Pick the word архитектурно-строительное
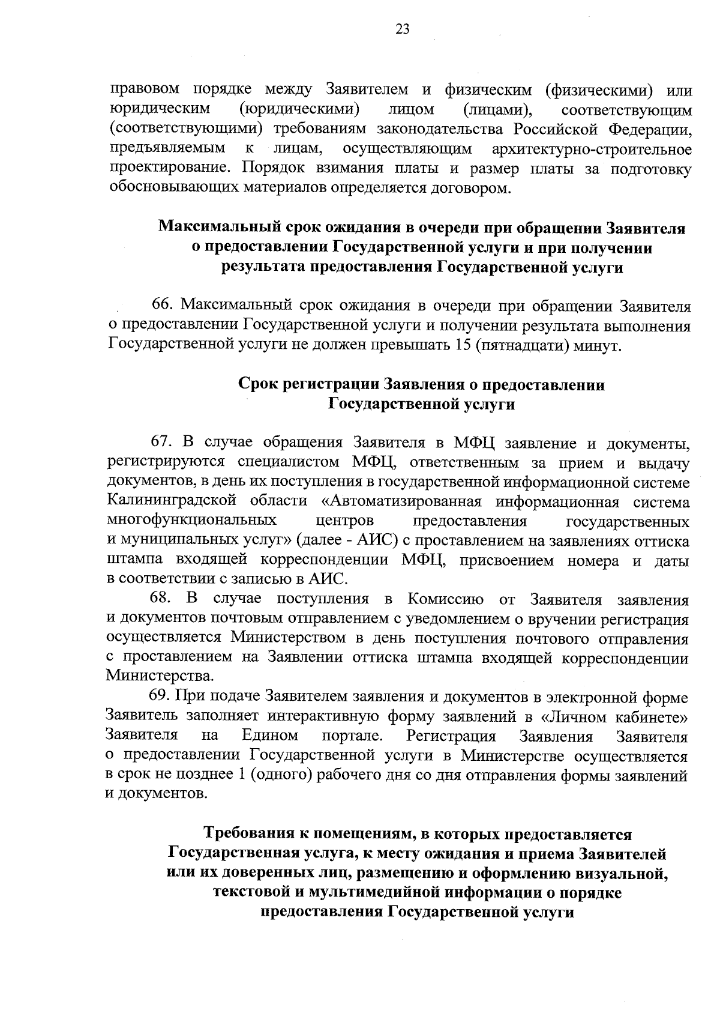(x=591, y=149)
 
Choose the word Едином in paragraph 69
(x=270, y=736)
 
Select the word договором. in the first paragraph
(x=473, y=189)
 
